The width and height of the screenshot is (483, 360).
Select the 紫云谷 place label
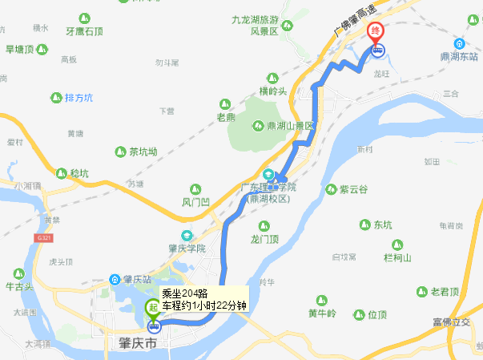click(x=352, y=189)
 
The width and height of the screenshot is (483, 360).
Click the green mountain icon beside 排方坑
click(x=56, y=98)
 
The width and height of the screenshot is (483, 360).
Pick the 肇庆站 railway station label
click(x=139, y=279)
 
